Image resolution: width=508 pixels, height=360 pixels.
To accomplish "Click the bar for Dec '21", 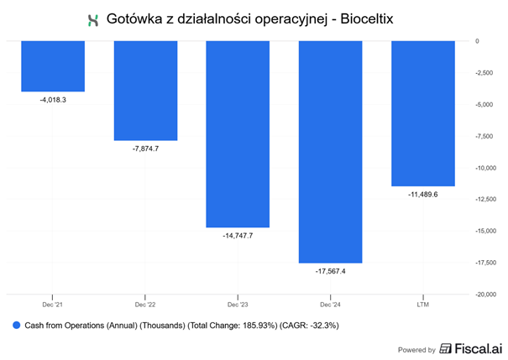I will [53, 65].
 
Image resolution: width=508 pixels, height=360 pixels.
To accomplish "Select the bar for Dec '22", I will [145, 90].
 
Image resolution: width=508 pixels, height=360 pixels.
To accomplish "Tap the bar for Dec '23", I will [238, 133].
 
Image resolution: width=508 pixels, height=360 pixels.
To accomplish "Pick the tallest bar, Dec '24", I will [330, 151].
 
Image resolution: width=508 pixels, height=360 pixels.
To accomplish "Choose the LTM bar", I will [422, 112].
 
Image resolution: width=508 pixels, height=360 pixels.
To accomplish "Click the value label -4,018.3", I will [53, 99].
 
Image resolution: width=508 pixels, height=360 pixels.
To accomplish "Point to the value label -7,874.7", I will [145, 149].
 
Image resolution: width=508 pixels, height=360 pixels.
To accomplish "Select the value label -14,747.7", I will [238, 236].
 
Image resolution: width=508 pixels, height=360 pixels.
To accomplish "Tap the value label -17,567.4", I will [330, 271].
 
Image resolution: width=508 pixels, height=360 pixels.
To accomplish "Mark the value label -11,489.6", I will [422, 195].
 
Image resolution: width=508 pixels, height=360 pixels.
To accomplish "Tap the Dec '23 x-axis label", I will [238, 303].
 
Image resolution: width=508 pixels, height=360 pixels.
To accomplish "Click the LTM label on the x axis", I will [422, 303].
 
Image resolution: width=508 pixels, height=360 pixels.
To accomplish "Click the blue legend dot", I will [17, 324].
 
